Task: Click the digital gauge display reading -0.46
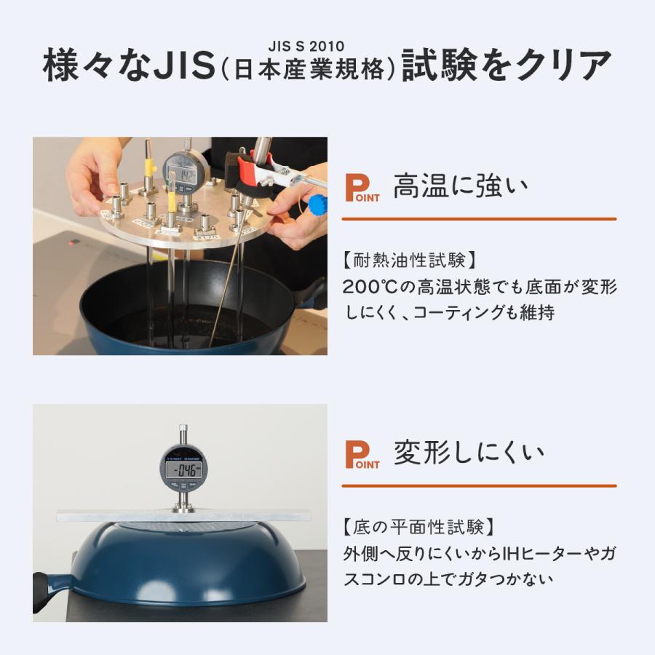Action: click(183, 469)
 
